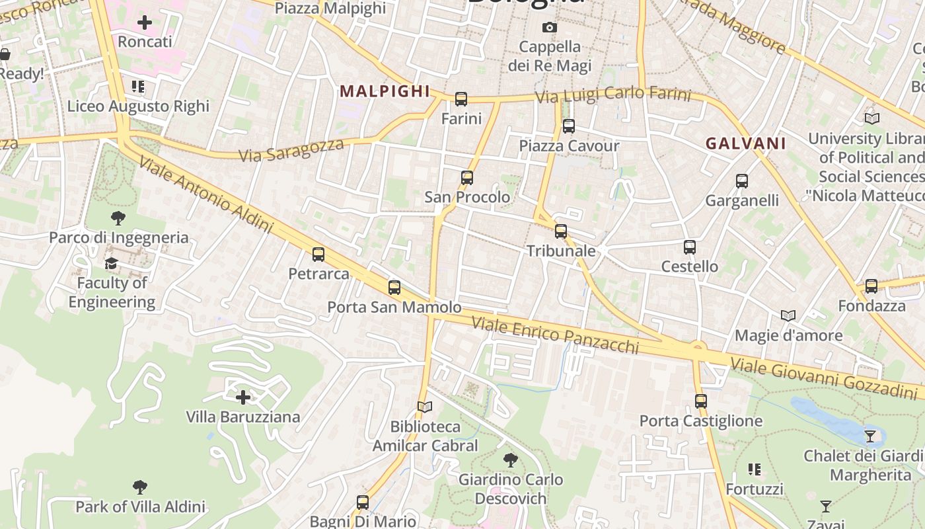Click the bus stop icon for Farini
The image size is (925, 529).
click(x=461, y=99)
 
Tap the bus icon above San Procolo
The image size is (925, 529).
click(x=467, y=177)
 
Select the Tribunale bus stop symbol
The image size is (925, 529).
click(x=561, y=231)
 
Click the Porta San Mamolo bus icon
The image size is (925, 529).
click(x=394, y=287)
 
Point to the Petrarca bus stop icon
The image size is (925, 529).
click(x=318, y=254)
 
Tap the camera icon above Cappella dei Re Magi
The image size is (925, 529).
click(x=549, y=27)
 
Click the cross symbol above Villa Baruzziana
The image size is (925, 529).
click(x=243, y=397)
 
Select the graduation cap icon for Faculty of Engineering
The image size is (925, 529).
click(x=111, y=264)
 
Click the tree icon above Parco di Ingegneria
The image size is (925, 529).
click(x=118, y=218)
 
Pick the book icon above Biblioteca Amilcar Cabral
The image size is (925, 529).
click(x=425, y=407)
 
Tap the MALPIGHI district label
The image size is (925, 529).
click(x=385, y=91)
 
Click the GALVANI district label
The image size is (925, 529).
click(x=745, y=143)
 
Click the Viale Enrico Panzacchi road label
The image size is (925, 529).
click(x=555, y=335)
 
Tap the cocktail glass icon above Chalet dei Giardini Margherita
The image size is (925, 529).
click(x=870, y=436)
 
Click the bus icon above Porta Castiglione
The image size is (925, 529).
click(x=701, y=401)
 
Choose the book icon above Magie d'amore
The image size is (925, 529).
click(x=788, y=315)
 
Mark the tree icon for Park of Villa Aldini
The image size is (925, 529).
click(x=139, y=487)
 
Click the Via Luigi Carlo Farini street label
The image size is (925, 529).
click(x=612, y=95)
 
